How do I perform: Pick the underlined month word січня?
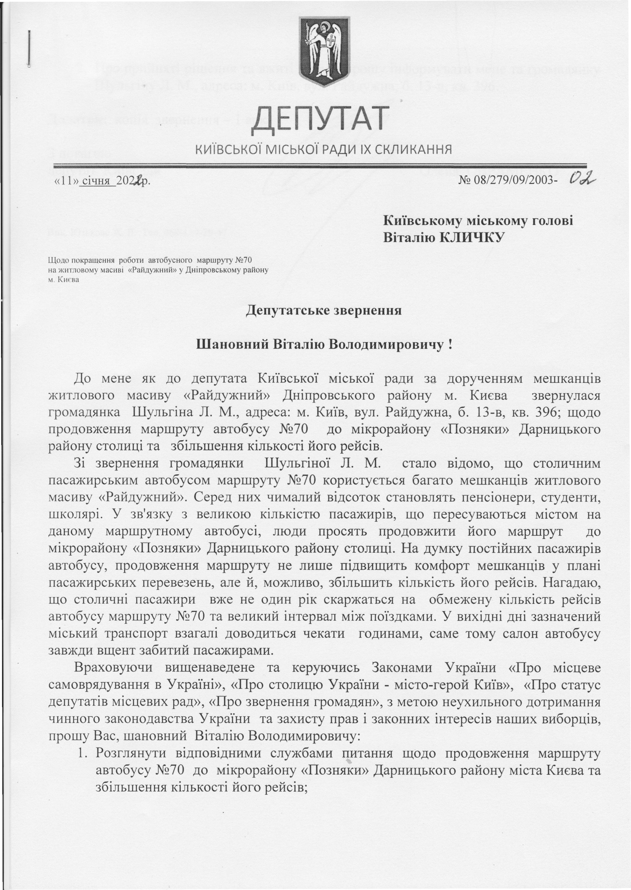(97, 181)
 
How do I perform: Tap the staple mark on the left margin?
(29, 49)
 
